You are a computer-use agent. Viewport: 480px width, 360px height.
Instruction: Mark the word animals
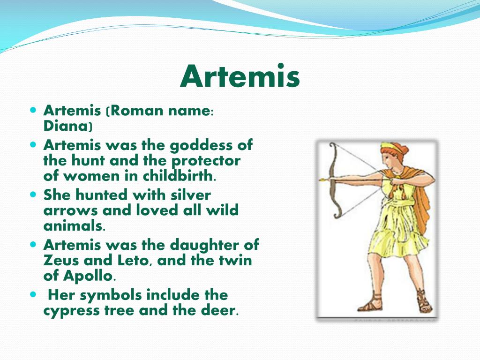[x=73, y=225]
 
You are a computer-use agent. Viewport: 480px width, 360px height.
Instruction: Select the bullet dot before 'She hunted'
[x=33, y=194]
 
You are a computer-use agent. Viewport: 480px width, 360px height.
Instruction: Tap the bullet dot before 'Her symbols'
[x=33, y=295]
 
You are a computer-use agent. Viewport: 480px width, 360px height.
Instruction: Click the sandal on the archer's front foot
[x=367, y=305]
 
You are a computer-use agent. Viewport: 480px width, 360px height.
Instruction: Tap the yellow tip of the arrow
[x=322, y=179]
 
